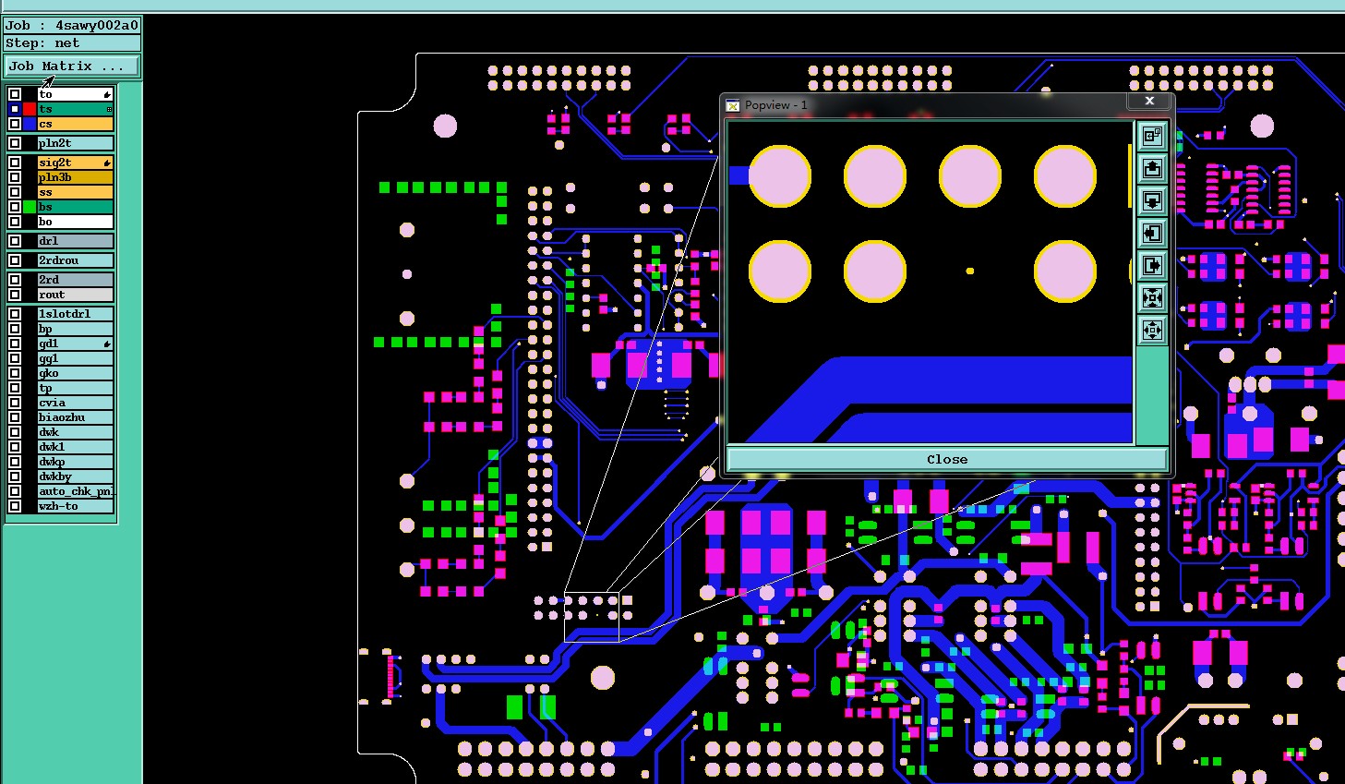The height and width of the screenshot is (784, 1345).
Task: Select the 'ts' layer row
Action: (x=75, y=109)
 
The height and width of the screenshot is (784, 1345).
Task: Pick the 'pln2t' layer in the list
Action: (x=75, y=143)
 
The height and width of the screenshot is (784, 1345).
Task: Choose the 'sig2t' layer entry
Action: (x=75, y=163)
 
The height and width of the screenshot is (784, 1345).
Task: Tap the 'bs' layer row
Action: (x=75, y=207)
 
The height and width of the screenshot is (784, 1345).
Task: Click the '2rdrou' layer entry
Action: (x=75, y=260)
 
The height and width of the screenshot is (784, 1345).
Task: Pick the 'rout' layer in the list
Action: (x=75, y=295)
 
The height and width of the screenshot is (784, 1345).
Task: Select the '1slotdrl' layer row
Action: (x=75, y=314)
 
